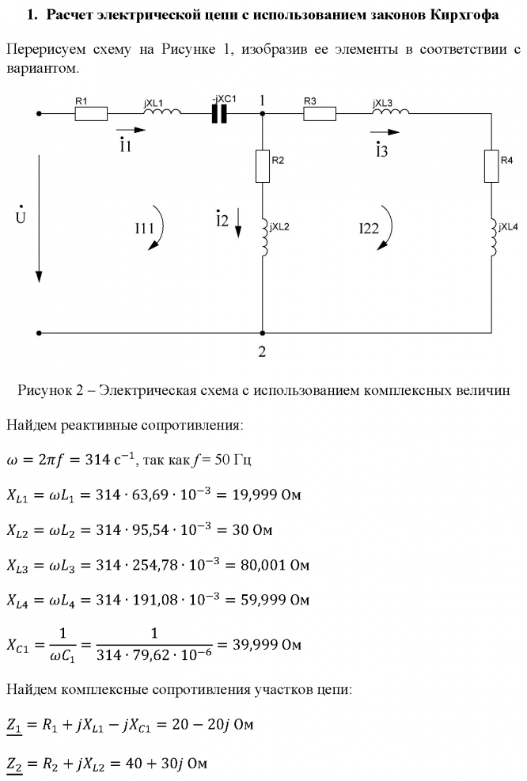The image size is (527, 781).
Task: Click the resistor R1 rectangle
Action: point(91,114)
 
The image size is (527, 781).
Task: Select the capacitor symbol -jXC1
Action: point(219,114)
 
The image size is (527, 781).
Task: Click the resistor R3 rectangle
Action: point(320,114)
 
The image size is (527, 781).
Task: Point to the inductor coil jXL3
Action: point(390,113)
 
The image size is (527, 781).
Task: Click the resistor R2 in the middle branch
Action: point(262,166)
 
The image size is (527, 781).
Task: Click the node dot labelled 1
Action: point(262,114)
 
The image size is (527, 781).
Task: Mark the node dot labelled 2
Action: point(262,333)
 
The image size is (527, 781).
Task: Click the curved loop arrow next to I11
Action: point(159,229)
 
